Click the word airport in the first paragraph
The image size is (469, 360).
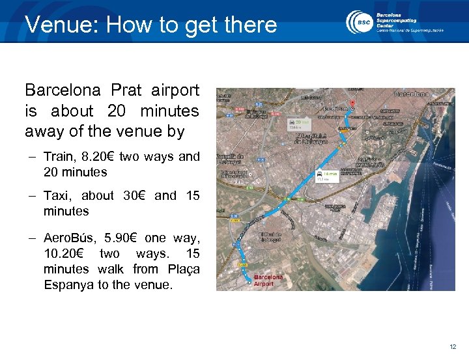click(175, 90)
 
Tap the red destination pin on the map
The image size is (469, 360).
click(352, 104)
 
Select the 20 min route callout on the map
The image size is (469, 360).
click(302, 124)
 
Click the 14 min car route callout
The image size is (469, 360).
click(326, 176)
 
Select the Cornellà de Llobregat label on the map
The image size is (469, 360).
click(233, 160)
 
